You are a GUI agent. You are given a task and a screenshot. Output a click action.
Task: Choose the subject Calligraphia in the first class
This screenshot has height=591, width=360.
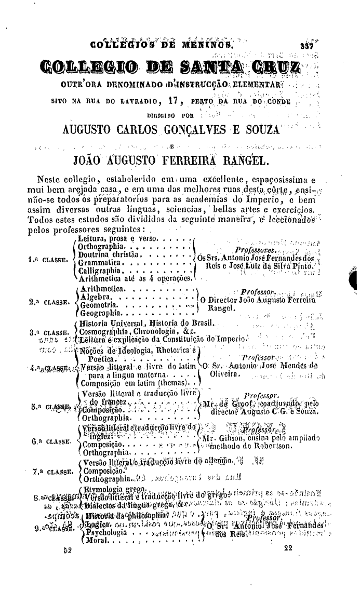[99, 271]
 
